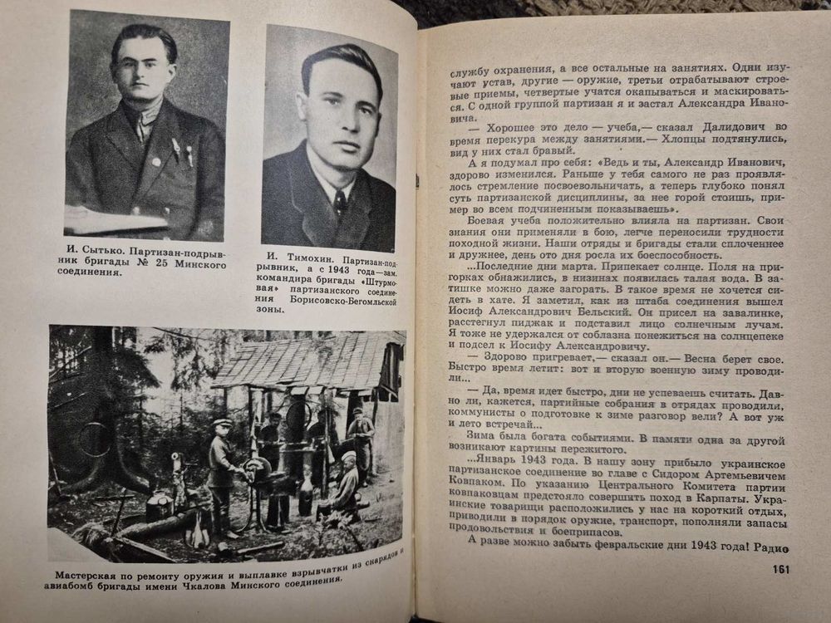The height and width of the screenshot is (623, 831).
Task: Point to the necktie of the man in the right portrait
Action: tap(340, 202)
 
